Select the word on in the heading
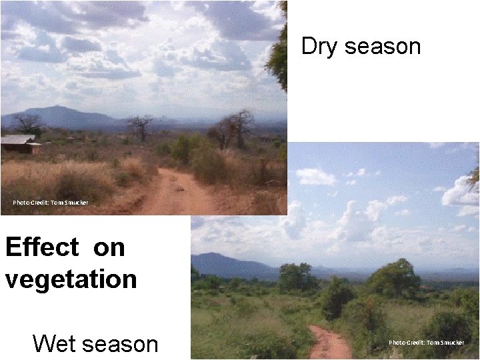coord(109,247)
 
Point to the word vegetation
coord(71,279)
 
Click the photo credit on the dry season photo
coord(50,202)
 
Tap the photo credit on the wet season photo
coord(426,343)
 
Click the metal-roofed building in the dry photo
coord(18,143)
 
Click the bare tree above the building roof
coord(28,123)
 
